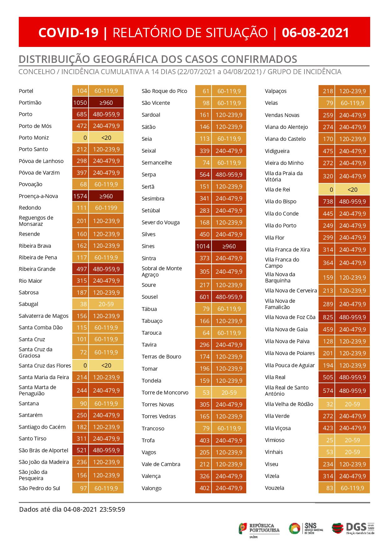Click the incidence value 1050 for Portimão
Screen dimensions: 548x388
tap(80, 103)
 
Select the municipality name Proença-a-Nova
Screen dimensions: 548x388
tap(38, 196)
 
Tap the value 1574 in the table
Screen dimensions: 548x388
tap(80, 196)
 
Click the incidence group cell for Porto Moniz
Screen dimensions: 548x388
tap(106, 138)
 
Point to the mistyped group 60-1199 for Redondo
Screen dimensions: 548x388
tap(106, 208)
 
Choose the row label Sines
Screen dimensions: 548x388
tap(148, 246)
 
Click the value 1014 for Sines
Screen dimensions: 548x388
tap(203, 246)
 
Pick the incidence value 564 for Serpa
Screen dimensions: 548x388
tap(204, 175)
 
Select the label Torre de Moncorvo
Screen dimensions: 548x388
tap(165, 393)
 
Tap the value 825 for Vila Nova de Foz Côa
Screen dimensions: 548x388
tap(328, 317)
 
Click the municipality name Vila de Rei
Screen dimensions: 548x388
tap(278, 190)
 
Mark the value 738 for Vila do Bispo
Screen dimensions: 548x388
tap(328, 201)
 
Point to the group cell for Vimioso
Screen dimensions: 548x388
tap(352, 440)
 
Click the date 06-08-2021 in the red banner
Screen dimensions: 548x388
tap(315, 33)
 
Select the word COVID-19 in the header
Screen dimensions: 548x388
tap(68, 33)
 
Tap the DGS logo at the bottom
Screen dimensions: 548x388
tap(353, 528)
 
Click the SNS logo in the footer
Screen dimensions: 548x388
tap(305, 528)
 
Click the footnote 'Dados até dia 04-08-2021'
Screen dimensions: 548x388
tap(72, 510)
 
